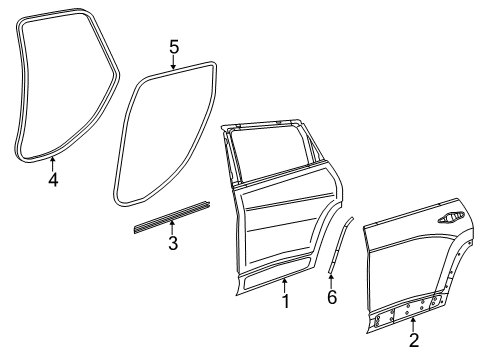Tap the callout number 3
point(172,242)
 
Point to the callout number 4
point(53,180)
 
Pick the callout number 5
point(173,47)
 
